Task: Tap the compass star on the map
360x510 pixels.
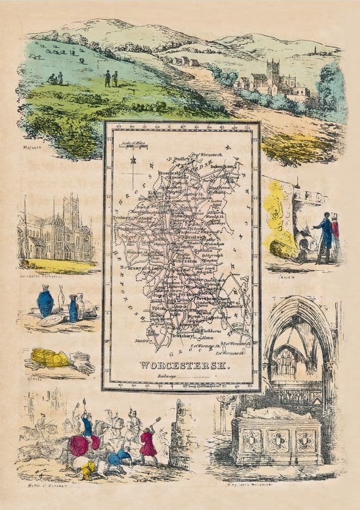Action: pos(133,161)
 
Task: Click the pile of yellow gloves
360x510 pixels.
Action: pos(51,358)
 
